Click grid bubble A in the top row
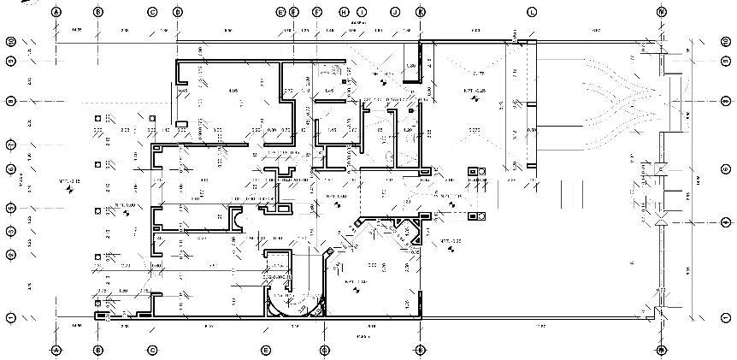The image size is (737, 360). click(56, 12)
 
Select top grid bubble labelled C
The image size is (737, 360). click(152, 12)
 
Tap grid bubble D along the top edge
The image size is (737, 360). click(177, 12)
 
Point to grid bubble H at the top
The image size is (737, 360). click(343, 12)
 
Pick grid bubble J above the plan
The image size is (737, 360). click(394, 12)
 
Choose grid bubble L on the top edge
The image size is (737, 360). click(531, 12)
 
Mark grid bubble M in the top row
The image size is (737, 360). click(661, 12)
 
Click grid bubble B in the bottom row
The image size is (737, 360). click(97, 350)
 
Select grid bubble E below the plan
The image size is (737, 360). click(266, 350)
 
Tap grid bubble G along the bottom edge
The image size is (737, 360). click(324, 350)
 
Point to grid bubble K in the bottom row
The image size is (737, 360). click(420, 350)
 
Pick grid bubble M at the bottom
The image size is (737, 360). click(661, 350)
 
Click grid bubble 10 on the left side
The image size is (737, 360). click(11, 41)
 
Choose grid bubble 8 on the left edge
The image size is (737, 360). click(11, 101)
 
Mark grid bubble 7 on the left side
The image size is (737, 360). click(11, 143)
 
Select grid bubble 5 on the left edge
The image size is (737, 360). click(11, 208)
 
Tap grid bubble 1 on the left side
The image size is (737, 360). click(11, 317)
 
